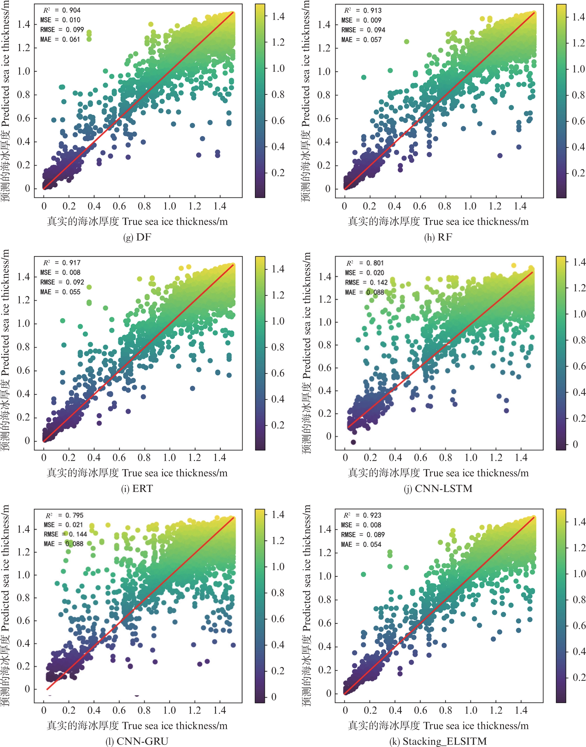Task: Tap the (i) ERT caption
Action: pyautogui.click(x=137, y=488)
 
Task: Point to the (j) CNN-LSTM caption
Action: pyautogui.click(x=438, y=488)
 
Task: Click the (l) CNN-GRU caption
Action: pyautogui.click(x=137, y=741)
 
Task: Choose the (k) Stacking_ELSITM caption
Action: pyautogui.click(x=438, y=741)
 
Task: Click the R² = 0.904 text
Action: pyautogui.click(x=62, y=10)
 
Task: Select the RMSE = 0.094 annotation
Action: pyautogui.click(x=363, y=30)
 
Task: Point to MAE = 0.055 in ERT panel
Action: pyautogui.click(x=61, y=292)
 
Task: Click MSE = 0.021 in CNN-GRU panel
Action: pyautogui.click(x=63, y=525)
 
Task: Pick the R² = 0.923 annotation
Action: pyautogui.click(x=362, y=515)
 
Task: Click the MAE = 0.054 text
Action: pyautogui.click(x=361, y=544)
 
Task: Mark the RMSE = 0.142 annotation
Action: pyautogui.click(x=366, y=283)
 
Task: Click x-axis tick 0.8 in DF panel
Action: pyautogui.click(x=144, y=206)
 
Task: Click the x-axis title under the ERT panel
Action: pyautogui.click(x=137, y=473)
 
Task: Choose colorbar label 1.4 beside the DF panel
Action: pyautogui.click(x=278, y=16)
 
